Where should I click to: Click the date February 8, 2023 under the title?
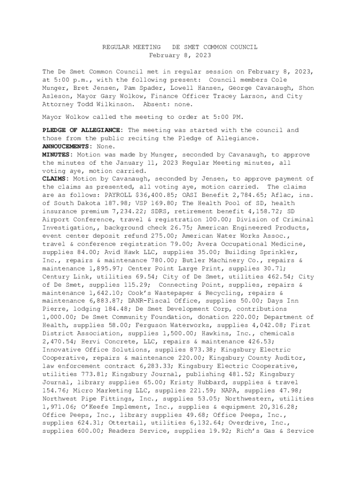pyautogui.click(x=180, y=55)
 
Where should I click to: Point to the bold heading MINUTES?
pyautogui.click(x=58, y=154)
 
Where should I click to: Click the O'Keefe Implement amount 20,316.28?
pyautogui.click(x=295, y=406)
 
